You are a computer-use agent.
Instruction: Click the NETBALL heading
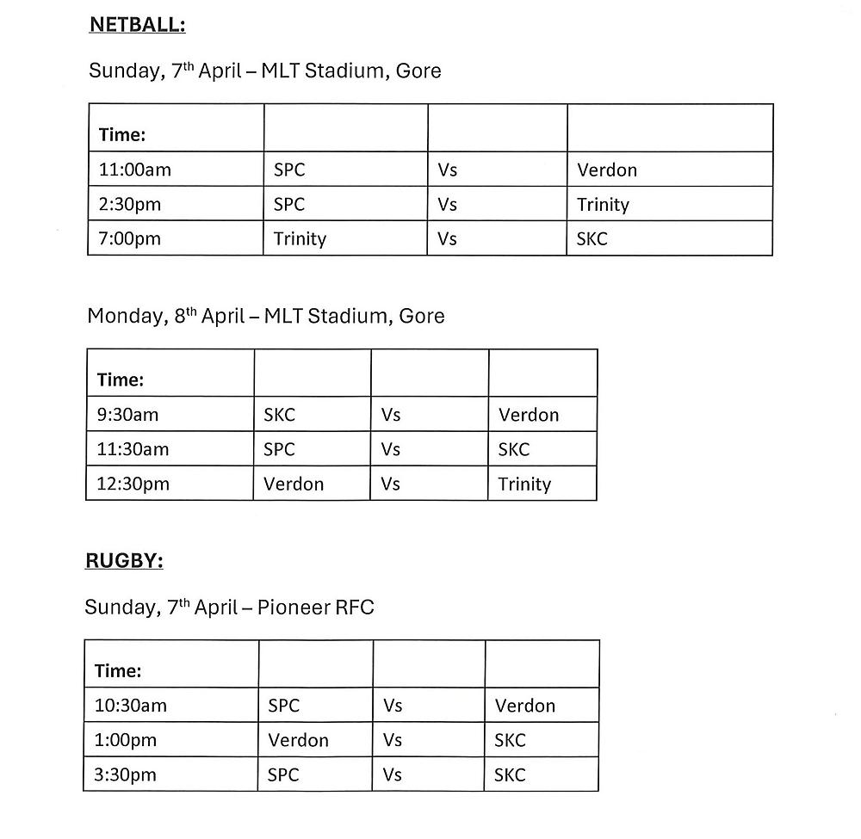[137, 25]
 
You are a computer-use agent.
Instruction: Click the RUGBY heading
[124, 561]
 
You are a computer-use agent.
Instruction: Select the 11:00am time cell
[135, 170]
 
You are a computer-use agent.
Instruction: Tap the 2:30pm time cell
[130, 204]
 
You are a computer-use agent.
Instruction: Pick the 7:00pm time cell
[130, 238]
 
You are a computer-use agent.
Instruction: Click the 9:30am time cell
[127, 415]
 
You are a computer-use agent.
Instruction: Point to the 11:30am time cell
[133, 449]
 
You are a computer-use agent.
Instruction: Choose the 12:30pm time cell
[133, 484]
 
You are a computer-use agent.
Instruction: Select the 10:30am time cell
[131, 706]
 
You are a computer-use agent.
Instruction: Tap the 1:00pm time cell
[126, 740]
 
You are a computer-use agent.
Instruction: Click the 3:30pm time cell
[126, 774]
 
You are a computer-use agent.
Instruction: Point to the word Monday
[123, 317]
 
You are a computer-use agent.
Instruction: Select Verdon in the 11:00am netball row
[607, 170]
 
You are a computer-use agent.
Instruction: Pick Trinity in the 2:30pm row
[603, 204]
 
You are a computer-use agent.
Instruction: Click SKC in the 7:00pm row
[592, 238]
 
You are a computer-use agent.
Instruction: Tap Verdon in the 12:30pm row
[294, 484]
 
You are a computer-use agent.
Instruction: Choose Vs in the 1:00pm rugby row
[393, 740]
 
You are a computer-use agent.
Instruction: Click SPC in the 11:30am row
[279, 449]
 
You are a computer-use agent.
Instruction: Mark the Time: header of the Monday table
[121, 379]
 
